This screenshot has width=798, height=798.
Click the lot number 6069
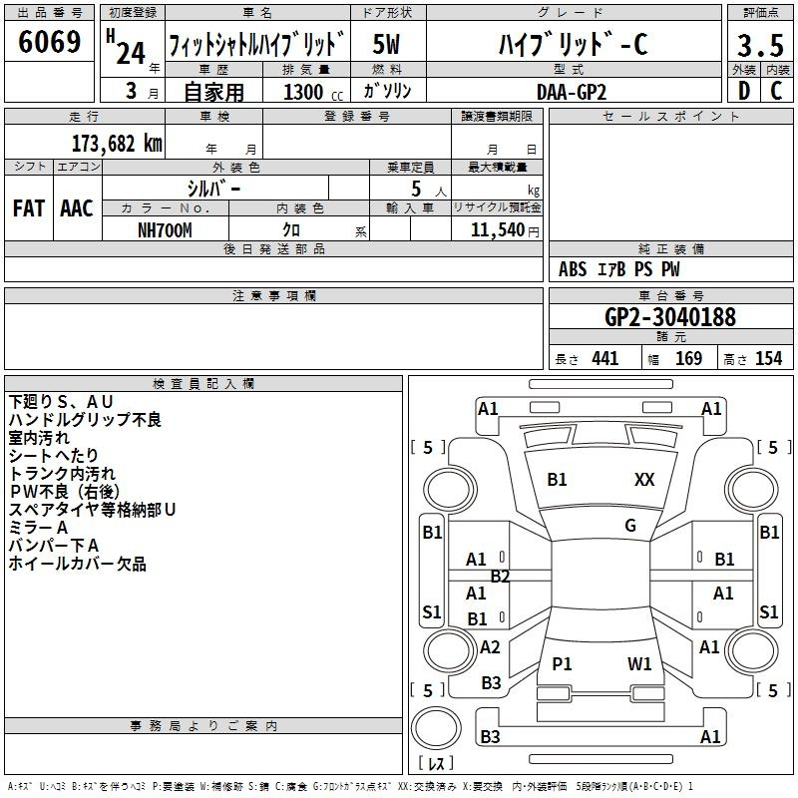[x=49, y=42]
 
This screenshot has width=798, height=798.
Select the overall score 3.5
[x=760, y=45]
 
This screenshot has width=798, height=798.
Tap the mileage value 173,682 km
[x=117, y=144]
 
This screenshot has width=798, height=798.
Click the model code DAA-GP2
[x=572, y=92]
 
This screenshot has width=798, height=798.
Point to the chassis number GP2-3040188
[x=670, y=317]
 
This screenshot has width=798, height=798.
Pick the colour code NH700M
[x=165, y=230]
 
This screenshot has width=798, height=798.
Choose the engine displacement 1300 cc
[x=312, y=92]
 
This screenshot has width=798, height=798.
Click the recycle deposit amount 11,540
[x=497, y=230]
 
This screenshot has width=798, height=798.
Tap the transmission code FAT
[x=29, y=208]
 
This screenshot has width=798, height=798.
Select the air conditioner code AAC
[x=77, y=208]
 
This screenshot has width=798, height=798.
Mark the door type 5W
[x=386, y=44]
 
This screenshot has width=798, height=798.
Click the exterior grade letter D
[x=744, y=91]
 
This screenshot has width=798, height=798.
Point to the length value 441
[x=605, y=359]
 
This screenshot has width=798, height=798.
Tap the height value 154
[x=769, y=359]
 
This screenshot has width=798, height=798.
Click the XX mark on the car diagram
[x=644, y=480]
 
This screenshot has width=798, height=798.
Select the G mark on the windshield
[x=630, y=526]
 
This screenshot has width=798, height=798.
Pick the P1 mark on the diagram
[x=562, y=663]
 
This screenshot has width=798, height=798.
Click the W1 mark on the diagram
[x=639, y=663]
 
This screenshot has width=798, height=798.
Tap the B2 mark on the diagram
[x=500, y=577]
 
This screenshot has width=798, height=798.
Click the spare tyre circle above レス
[x=436, y=728]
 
